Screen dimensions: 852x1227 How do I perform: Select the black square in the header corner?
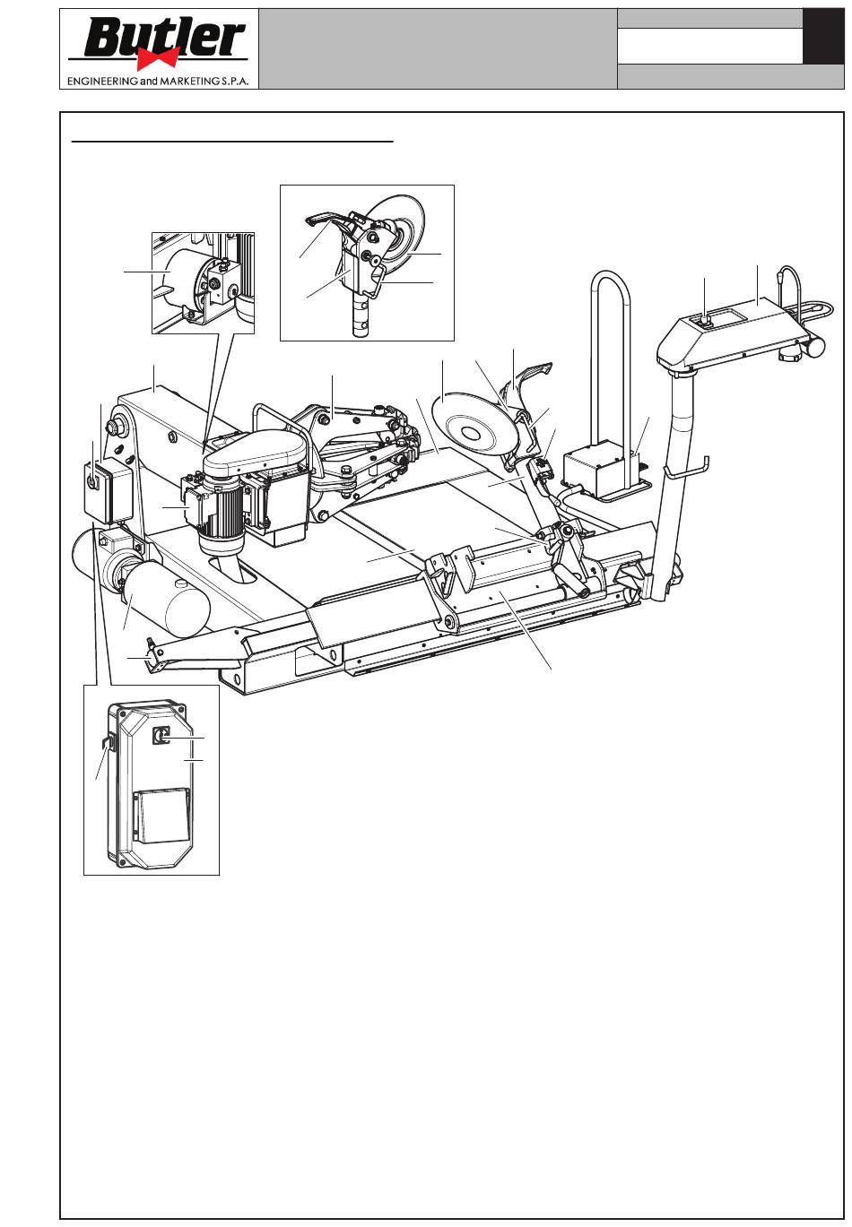[x=823, y=36]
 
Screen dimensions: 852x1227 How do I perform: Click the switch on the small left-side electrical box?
[x=92, y=481]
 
